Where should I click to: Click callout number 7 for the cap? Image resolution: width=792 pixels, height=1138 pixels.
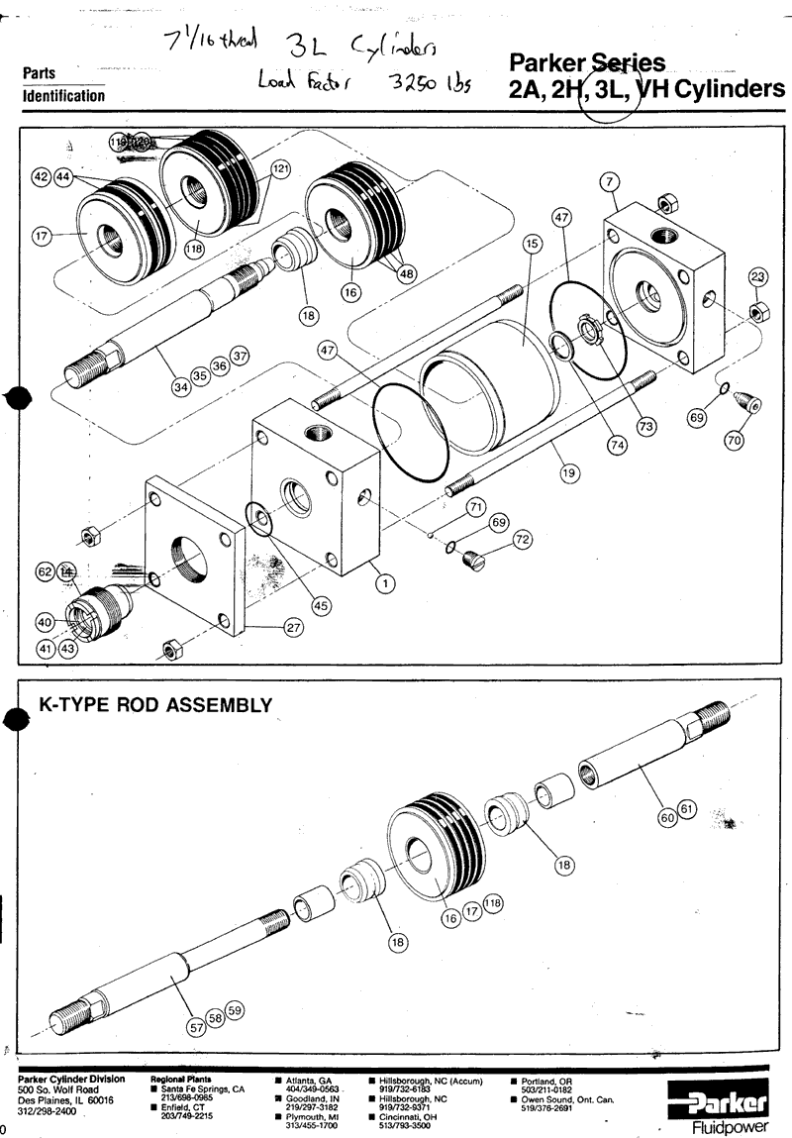coord(610,180)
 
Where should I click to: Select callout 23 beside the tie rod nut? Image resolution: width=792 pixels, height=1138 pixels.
coord(757,277)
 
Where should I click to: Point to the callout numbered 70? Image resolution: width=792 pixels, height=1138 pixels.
coord(734,442)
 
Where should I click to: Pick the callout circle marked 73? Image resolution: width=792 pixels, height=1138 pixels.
coord(646,426)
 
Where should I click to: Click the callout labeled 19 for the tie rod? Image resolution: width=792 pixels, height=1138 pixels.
coord(568,474)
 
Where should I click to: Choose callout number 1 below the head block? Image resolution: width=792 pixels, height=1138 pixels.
coord(382,583)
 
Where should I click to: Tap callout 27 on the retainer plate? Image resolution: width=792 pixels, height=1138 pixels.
coord(294,627)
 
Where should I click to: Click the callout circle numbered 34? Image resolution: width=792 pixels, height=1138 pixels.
coord(181,387)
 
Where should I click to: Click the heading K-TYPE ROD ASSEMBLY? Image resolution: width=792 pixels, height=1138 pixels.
coord(154,705)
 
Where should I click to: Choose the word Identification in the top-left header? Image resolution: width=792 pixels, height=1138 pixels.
coord(63,96)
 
